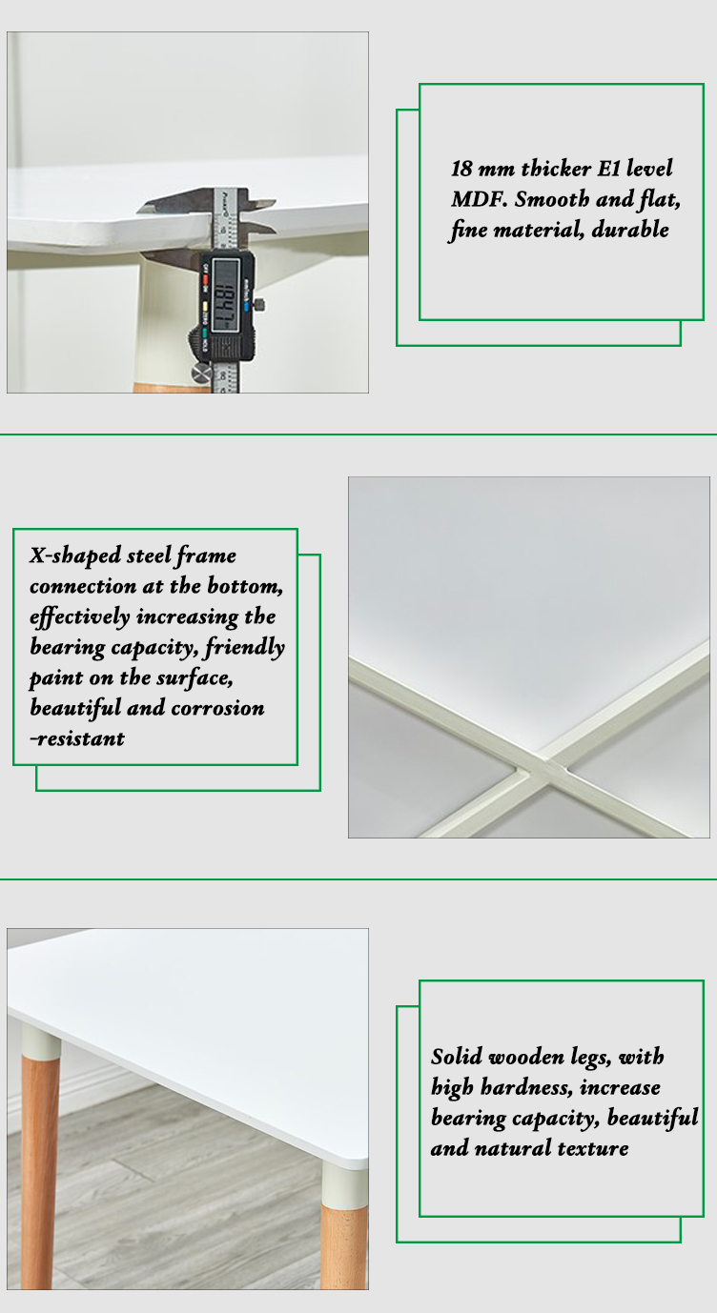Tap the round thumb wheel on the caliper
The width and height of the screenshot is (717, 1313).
click(x=201, y=372)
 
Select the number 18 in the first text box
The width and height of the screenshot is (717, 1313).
click(x=461, y=169)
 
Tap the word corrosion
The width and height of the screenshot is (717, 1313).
click(x=217, y=708)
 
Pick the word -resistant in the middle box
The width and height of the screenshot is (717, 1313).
click(x=77, y=738)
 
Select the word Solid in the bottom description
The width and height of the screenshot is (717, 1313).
click(x=457, y=1057)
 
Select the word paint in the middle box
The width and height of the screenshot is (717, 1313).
click(x=56, y=678)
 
